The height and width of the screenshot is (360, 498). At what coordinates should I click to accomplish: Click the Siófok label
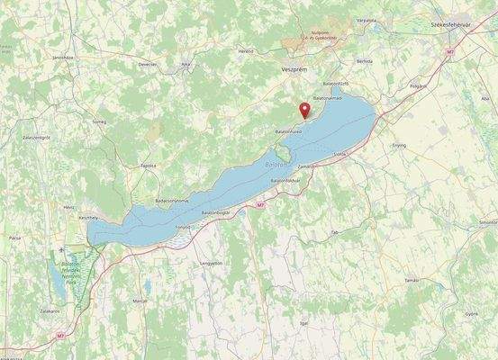pos(340,154)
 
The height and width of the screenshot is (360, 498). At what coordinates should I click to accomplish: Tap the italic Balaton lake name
pos(276,166)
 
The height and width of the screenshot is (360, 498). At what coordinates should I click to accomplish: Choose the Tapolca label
pos(148,166)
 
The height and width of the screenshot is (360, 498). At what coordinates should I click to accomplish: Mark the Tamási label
pos(412,280)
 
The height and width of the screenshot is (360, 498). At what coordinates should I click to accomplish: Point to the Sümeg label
pos(99,120)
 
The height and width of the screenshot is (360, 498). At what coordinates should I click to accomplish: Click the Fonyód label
pos(183,227)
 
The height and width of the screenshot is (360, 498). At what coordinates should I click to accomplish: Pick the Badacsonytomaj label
pos(172,200)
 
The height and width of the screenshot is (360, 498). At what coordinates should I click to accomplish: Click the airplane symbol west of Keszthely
pos(60,248)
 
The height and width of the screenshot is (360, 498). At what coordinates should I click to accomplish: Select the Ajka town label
pos(186,65)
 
